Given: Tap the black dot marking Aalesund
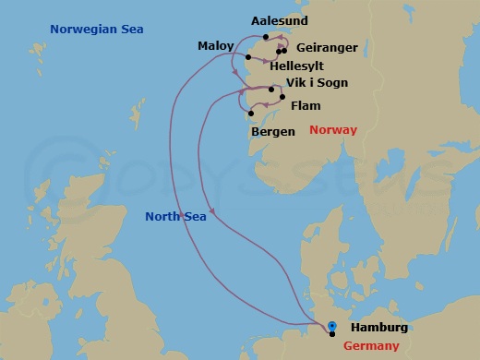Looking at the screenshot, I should pyautogui.click(x=266, y=37).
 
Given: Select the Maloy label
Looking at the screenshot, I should pyautogui.click(x=215, y=45).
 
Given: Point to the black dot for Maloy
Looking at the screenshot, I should pyautogui.click(x=247, y=58).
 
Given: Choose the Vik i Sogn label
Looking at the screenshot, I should pyautogui.click(x=318, y=83).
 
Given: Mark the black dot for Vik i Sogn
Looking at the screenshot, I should pyautogui.click(x=271, y=90).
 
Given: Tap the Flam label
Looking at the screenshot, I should pyautogui.click(x=306, y=106).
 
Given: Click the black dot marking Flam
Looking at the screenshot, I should pyautogui.click(x=282, y=96).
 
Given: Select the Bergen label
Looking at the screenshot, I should pyautogui.click(x=273, y=132).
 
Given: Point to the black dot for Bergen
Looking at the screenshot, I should pyautogui.click(x=250, y=114).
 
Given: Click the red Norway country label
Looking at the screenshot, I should pyautogui.click(x=333, y=129).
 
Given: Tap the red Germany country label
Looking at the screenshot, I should pyautogui.click(x=371, y=345).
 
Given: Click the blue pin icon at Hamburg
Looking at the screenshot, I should pyautogui.click(x=332, y=325).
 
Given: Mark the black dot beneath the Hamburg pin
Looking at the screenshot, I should pyautogui.click(x=332, y=334).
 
